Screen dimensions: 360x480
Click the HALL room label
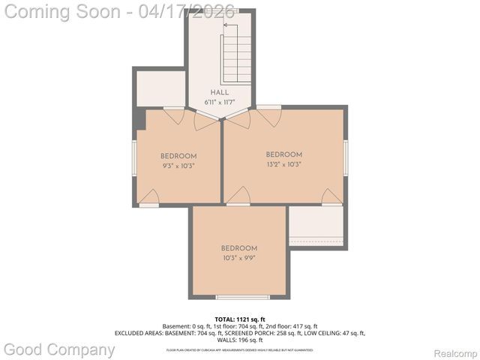point(220,92)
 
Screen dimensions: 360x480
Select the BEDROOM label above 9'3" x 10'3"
point(178,156)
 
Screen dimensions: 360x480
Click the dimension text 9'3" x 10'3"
point(178,166)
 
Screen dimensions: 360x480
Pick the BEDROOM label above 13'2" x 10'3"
point(284,154)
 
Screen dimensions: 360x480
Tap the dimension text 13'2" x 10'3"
point(284,164)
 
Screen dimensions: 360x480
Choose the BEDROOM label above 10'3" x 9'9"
point(239,248)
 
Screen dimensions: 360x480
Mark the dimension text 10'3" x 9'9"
point(239,258)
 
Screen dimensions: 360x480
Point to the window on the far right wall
point(346,158)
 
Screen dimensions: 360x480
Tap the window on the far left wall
point(134,158)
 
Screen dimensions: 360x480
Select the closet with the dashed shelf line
point(316,226)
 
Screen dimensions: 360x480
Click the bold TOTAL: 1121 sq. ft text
point(240,319)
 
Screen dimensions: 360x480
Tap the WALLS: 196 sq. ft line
point(240,340)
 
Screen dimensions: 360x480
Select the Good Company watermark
point(60,349)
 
